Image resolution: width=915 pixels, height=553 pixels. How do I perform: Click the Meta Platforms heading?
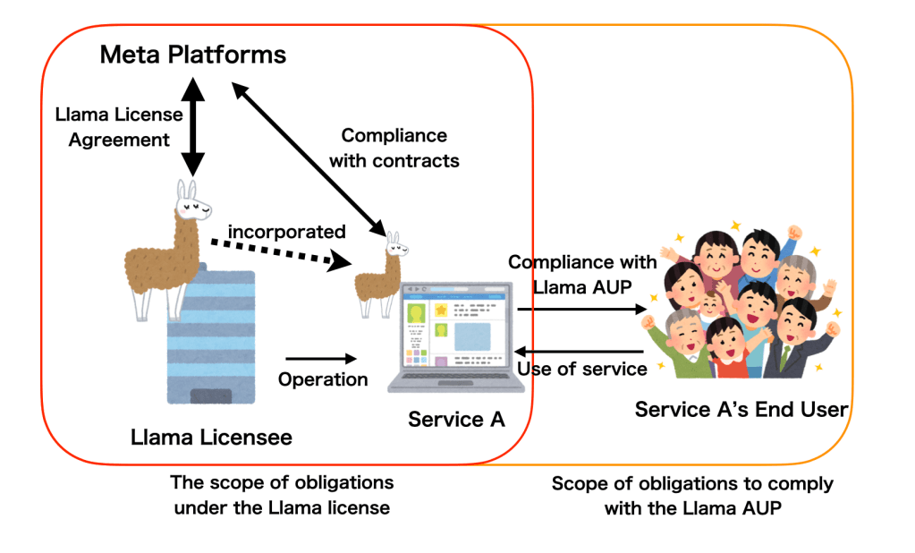coord(192,55)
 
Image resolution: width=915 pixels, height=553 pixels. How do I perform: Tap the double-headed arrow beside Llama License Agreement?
coord(192,125)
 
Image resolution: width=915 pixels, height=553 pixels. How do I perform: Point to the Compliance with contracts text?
coord(394,149)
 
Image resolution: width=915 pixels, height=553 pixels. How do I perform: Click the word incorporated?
coord(286,232)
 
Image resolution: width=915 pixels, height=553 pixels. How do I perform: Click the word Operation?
coord(323,379)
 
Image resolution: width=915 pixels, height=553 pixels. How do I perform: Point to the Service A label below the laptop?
coord(456,419)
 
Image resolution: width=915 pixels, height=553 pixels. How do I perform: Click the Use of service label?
coord(582,369)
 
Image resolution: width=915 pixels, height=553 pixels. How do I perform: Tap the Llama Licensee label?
coord(211,438)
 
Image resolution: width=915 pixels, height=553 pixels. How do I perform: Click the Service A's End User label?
coord(741,410)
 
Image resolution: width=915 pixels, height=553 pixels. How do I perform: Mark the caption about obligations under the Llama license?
coord(282,495)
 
